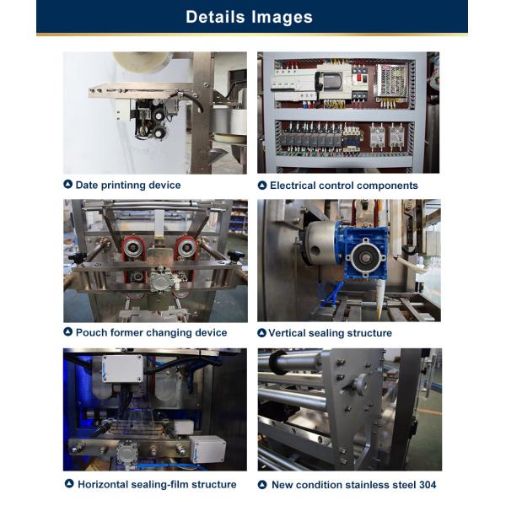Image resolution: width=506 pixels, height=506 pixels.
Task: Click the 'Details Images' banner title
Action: tap(249, 17)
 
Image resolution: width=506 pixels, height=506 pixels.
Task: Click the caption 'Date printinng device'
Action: tap(128, 186)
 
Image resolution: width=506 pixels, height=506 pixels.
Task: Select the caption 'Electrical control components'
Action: tap(344, 186)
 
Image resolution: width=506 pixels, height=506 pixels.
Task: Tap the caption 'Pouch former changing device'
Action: tap(151, 333)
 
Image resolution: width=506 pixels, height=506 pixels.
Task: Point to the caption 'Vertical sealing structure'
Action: tap(330, 333)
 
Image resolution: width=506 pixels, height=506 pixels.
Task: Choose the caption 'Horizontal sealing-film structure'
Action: tap(157, 484)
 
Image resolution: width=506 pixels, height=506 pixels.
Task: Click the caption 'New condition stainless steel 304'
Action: tap(353, 485)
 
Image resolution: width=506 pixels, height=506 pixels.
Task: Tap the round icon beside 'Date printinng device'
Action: tap(67, 185)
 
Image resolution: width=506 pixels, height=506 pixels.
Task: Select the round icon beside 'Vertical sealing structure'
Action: tap(261, 333)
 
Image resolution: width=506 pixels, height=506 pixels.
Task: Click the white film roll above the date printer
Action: tap(143, 62)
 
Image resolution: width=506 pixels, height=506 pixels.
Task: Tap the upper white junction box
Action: tap(122, 369)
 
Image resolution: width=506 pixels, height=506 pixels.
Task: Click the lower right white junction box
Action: tap(207, 449)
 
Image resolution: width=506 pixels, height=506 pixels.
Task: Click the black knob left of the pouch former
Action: tap(77, 257)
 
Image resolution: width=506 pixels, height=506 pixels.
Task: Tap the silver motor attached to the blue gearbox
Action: tap(320, 242)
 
